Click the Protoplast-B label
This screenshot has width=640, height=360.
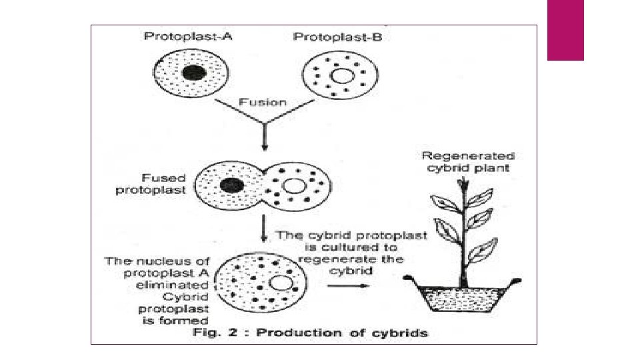(x=338, y=36)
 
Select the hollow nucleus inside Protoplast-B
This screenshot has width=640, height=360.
(x=341, y=75)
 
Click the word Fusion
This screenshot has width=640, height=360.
(x=263, y=103)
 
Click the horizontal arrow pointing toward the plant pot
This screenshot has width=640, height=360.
(x=347, y=286)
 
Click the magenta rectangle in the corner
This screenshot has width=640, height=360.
(x=565, y=30)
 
